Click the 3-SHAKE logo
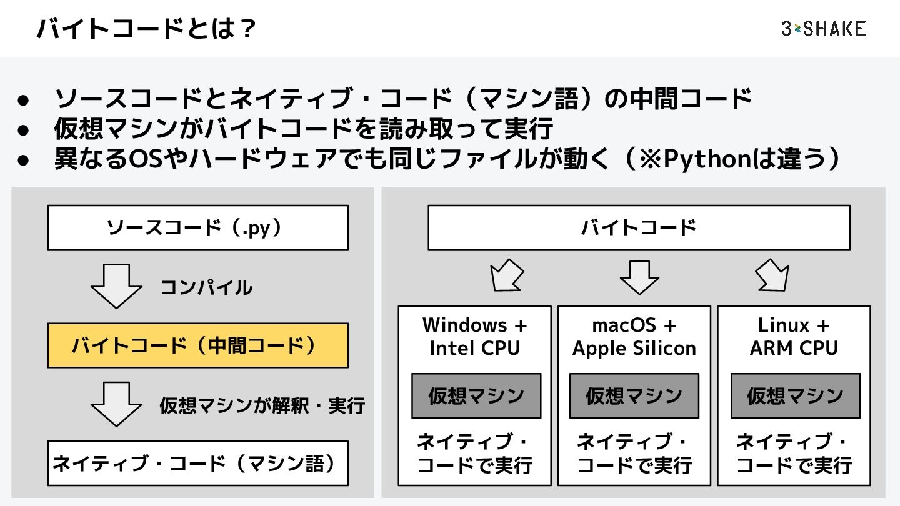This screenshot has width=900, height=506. click(x=823, y=29)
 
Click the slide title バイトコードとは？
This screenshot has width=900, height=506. click(x=146, y=29)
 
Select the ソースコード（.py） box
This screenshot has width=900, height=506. click(x=197, y=227)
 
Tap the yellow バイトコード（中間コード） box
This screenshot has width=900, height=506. click(x=197, y=345)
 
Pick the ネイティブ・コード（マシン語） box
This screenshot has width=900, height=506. click(x=197, y=464)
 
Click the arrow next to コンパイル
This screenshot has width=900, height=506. click(x=117, y=285)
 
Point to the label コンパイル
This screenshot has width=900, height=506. click(x=206, y=287)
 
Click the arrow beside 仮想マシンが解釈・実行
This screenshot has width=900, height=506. click(x=117, y=404)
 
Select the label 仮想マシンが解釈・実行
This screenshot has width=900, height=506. click(x=262, y=405)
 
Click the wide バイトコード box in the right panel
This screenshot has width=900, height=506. click(x=639, y=227)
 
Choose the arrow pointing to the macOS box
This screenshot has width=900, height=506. click(x=639, y=277)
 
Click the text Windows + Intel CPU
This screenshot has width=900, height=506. click(x=475, y=336)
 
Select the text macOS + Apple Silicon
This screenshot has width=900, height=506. click(x=634, y=336)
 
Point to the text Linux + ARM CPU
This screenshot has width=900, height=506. click(x=794, y=336)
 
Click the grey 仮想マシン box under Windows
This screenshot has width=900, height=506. click(x=476, y=396)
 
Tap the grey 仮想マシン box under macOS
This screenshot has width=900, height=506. click(x=634, y=396)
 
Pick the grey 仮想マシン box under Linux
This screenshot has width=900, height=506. click(x=795, y=396)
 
